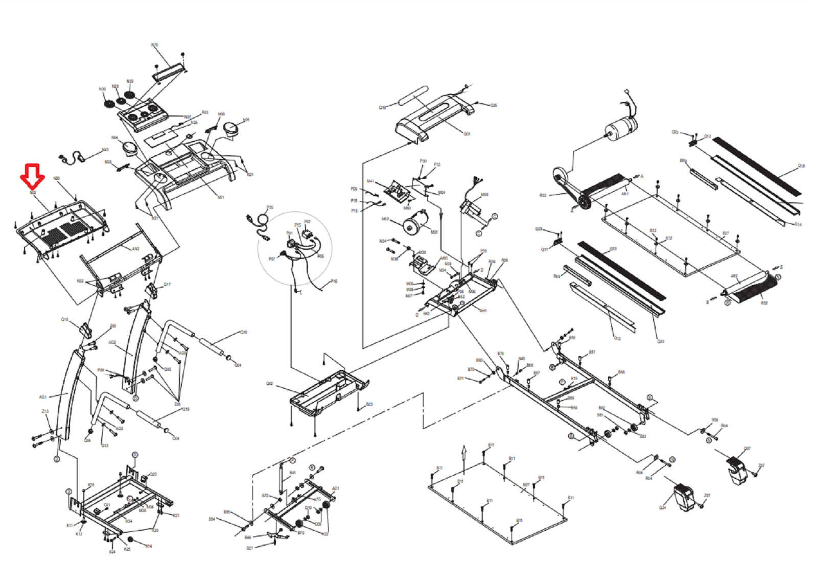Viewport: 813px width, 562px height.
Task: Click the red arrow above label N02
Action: pyautogui.click(x=32, y=176)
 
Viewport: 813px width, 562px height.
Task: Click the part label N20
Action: pyautogui.click(x=57, y=178)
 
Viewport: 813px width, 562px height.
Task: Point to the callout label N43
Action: pyautogui.click(x=105, y=150)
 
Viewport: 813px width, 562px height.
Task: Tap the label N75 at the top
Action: pyautogui.click(x=154, y=45)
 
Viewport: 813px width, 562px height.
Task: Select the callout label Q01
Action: pyautogui.click(x=467, y=134)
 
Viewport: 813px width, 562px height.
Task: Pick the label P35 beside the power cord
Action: pyautogui.click(x=270, y=207)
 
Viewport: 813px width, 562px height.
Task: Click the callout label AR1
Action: pyautogui.click(x=624, y=194)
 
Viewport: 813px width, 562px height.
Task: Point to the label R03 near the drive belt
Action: pyautogui.click(x=543, y=195)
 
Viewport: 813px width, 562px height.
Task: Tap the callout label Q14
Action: pyautogui.click(x=798, y=224)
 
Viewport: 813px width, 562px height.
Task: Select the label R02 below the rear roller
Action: pyautogui.click(x=764, y=303)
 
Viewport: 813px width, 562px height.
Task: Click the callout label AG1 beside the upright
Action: pyautogui.click(x=43, y=397)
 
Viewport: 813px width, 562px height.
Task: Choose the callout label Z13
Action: pyautogui.click(x=45, y=411)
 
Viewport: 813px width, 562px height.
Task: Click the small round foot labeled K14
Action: pyautogui.click(x=131, y=540)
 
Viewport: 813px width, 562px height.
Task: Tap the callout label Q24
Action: pyautogui.click(x=662, y=508)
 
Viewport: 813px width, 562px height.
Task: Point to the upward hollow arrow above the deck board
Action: pyautogui.click(x=464, y=452)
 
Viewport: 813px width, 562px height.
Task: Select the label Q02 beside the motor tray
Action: pyautogui.click(x=269, y=384)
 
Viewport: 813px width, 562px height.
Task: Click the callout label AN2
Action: pyautogui.click(x=135, y=249)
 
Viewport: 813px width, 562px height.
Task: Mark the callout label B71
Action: pyautogui.click(x=460, y=379)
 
